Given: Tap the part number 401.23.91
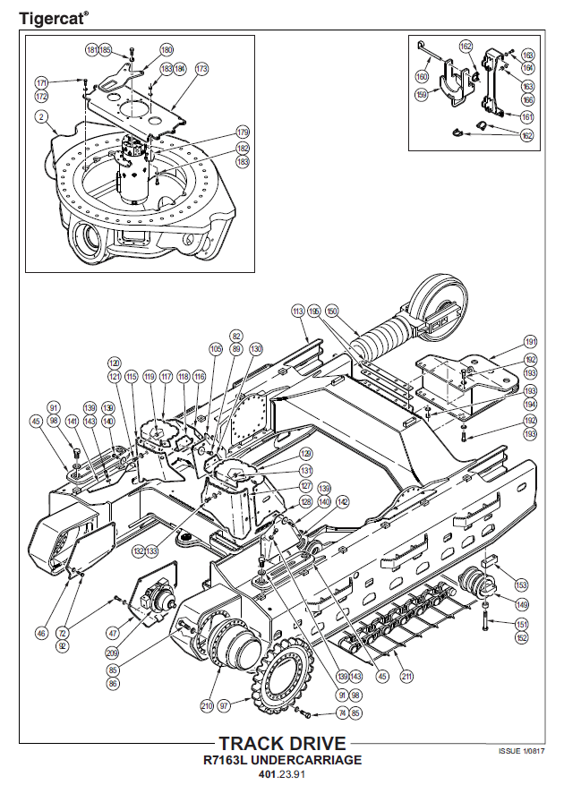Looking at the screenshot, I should coord(282,774).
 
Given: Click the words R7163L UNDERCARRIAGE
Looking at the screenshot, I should coord(282,760).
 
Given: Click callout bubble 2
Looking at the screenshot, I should coord(41,117).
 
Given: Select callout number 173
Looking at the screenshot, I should coord(201,68).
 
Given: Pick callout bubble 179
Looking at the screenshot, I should coord(243,132).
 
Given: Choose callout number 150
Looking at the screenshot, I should coord(333,311).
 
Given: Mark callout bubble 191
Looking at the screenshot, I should coord(530,342).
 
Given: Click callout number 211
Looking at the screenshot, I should coord(406,677).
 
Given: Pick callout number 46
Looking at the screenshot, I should coord(41,633).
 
